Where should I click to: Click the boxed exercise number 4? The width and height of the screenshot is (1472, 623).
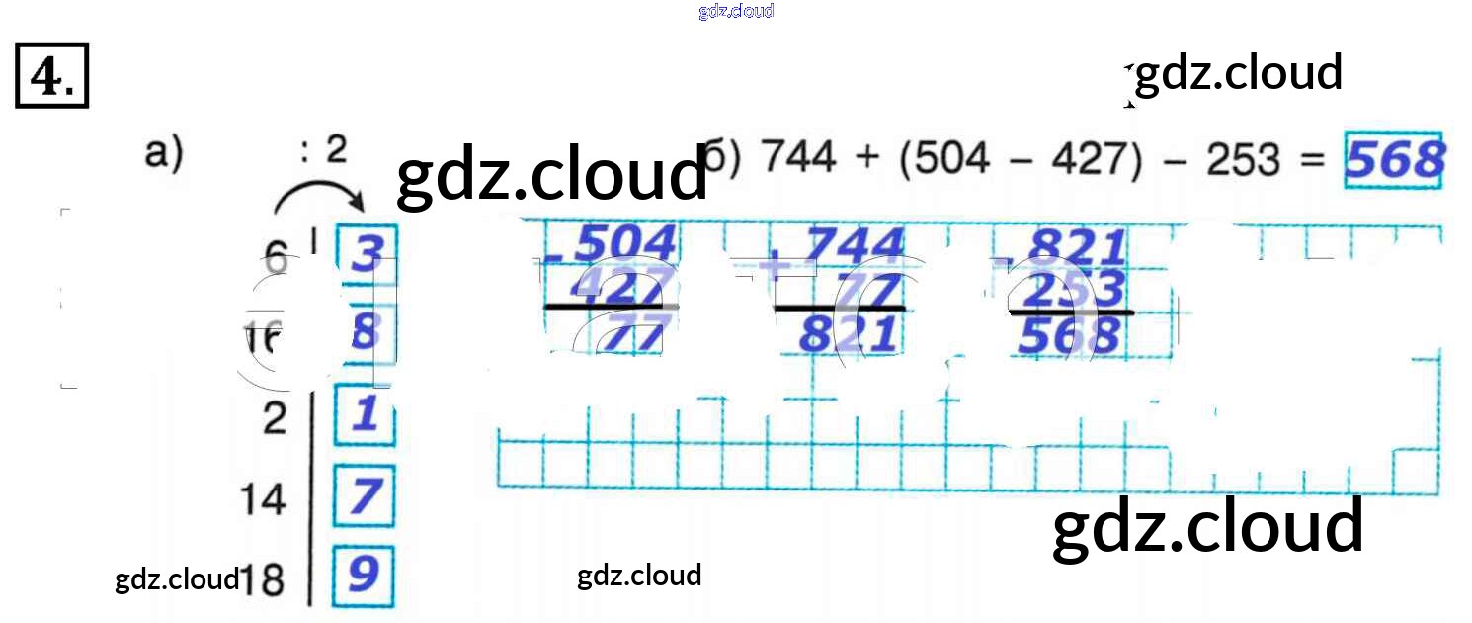[52, 75]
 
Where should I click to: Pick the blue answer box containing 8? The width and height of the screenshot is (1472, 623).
[366, 332]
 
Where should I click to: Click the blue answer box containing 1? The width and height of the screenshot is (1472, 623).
[365, 413]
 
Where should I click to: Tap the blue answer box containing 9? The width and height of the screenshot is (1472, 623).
[364, 575]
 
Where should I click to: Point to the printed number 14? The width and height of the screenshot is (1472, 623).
[262, 499]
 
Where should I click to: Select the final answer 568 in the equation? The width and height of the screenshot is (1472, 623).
[1395, 160]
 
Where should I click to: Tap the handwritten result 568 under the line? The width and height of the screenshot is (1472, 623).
[1070, 337]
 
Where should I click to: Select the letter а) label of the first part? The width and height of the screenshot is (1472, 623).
[164, 156]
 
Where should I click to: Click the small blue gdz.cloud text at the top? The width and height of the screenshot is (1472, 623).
[735, 11]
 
